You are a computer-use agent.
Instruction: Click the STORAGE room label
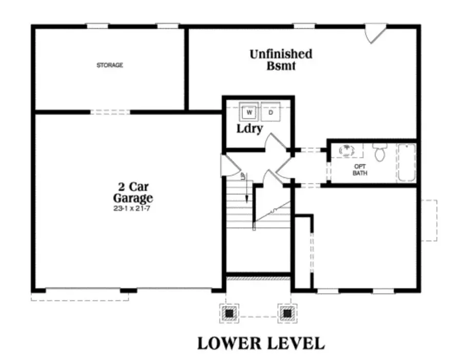pos(110,65)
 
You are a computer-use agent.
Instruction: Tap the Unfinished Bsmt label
pos(281,59)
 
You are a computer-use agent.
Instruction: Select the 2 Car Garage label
pos(133,192)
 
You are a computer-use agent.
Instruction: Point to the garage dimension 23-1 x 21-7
pos(133,208)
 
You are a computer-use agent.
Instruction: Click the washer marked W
pos(249,111)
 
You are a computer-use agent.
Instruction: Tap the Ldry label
pos(249,128)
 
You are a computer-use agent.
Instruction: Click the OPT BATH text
pos(360,170)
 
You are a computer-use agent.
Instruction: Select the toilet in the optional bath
pos(380,152)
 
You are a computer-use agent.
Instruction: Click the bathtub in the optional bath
pos(406,163)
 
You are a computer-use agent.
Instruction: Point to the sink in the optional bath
pos(348,150)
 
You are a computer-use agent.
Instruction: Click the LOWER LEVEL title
pos(261,343)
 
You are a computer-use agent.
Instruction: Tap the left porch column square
pos(229,312)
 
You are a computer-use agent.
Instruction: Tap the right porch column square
pos(287,312)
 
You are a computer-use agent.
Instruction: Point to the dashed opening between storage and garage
pos(110,111)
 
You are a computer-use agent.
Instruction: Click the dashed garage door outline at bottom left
pos(80,296)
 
